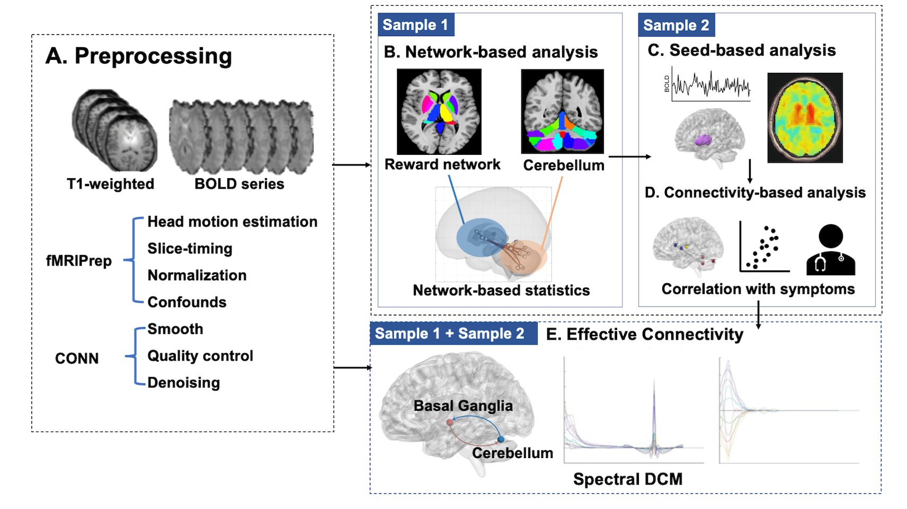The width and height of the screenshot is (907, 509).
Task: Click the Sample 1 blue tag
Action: [x=415, y=25]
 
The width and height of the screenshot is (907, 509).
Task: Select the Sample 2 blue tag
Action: [x=676, y=25]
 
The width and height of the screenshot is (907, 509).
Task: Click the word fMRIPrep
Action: [x=79, y=261]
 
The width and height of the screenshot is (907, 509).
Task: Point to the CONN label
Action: [x=77, y=358]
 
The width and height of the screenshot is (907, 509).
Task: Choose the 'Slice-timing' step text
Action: [x=190, y=249]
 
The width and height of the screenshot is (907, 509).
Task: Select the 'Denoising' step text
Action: [x=183, y=382]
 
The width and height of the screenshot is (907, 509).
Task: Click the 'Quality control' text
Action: [x=200, y=356]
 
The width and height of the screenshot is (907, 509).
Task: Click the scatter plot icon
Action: [x=764, y=248]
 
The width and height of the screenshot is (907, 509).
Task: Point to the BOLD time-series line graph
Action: [x=710, y=84]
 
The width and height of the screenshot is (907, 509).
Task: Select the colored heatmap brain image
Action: [x=805, y=118]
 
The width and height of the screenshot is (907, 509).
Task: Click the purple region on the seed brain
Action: [x=704, y=140]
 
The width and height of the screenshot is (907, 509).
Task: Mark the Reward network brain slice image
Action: [x=439, y=112]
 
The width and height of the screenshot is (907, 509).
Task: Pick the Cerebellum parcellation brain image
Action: [x=563, y=112]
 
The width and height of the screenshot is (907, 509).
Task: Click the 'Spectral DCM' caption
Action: [x=628, y=479]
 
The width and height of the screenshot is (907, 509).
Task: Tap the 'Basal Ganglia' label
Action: [x=463, y=406]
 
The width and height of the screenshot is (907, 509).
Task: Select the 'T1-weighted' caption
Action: [x=110, y=184]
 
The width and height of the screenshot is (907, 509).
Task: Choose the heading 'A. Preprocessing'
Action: [x=139, y=56]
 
